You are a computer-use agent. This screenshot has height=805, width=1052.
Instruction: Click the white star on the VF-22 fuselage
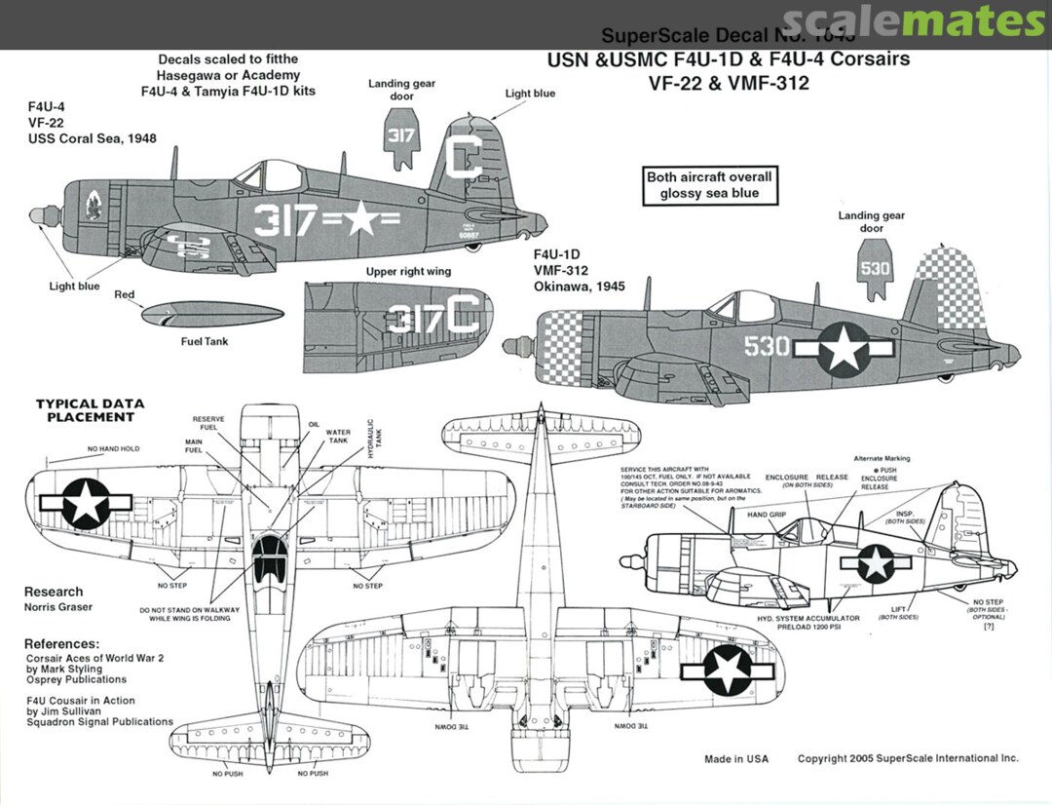click(360, 220)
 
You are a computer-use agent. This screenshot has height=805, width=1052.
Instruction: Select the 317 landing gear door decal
click(401, 136)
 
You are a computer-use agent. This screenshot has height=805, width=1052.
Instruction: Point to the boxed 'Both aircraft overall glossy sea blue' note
click(709, 185)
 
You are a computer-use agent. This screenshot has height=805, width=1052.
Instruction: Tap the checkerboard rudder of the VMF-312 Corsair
click(951, 276)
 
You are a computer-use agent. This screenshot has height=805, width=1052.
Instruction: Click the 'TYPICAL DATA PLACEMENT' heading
click(90, 410)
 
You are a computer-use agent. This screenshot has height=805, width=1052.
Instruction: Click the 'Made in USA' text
click(736, 758)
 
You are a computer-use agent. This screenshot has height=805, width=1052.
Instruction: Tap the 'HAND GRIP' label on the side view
click(767, 514)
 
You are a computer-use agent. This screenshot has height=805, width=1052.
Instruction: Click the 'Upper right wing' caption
click(408, 271)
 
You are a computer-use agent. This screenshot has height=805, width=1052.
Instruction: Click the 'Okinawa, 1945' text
click(579, 287)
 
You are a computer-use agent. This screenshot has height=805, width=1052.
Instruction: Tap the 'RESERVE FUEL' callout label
click(207, 423)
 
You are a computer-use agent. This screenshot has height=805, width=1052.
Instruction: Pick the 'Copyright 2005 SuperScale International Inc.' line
click(908, 758)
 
